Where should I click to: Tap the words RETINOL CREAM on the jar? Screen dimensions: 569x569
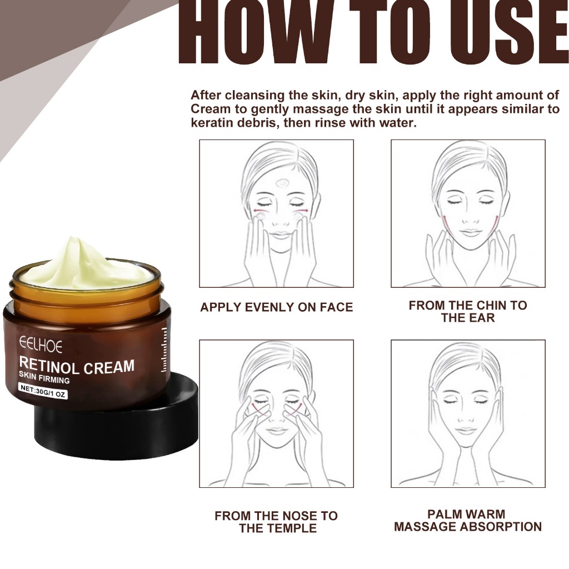click(x=77, y=366)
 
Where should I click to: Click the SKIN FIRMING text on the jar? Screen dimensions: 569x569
click(x=44, y=380)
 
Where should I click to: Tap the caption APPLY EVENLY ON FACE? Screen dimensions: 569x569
click(x=276, y=307)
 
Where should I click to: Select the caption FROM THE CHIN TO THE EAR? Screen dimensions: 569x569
click(x=467, y=312)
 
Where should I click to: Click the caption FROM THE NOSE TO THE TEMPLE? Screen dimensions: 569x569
click(x=276, y=522)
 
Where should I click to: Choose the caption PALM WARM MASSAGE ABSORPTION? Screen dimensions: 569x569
click(x=467, y=521)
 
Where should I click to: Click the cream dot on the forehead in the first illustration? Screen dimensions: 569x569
click(x=281, y=182)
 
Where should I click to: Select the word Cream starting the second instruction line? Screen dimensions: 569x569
click(x=210, y=109)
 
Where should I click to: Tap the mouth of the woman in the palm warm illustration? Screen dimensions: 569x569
click(x=467, y=430)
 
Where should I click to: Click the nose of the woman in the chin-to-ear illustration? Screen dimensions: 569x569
click(x=470, y=219)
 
